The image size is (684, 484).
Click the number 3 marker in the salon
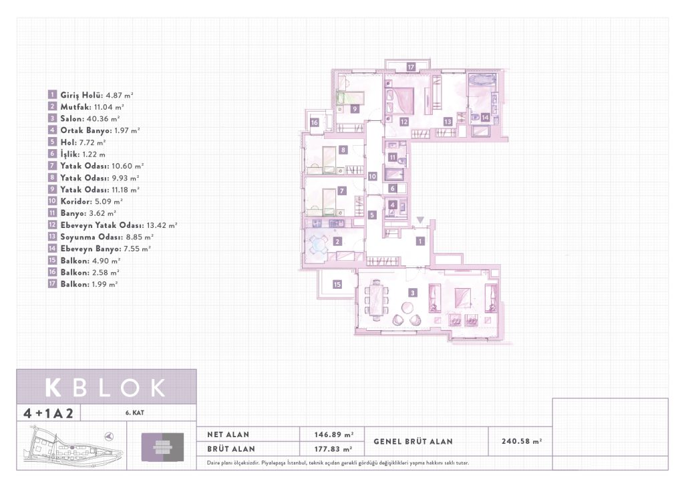[412, 293]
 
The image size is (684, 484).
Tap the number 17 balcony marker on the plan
[411, 67]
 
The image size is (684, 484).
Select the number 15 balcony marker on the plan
[337, 285]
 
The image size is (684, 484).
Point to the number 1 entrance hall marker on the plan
[419, 241]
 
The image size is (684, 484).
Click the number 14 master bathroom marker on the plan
[485, 117]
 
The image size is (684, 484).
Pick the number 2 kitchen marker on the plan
[337, 241]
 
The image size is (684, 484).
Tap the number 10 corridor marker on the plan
[372, 176]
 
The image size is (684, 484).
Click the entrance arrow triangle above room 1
[419, 220]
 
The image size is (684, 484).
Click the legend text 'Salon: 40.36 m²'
[90, 118]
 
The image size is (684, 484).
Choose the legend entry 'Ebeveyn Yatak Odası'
[102, 225]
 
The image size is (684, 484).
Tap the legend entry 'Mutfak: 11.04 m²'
[92, 106]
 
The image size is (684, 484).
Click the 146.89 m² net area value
[334, 435]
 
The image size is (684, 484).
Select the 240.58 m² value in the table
[522, 441]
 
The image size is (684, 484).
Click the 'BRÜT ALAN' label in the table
[230, 449]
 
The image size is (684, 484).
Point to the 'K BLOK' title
[106, 388]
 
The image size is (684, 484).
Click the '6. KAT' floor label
[135, 412]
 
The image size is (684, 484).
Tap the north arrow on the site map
[109, 436]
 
